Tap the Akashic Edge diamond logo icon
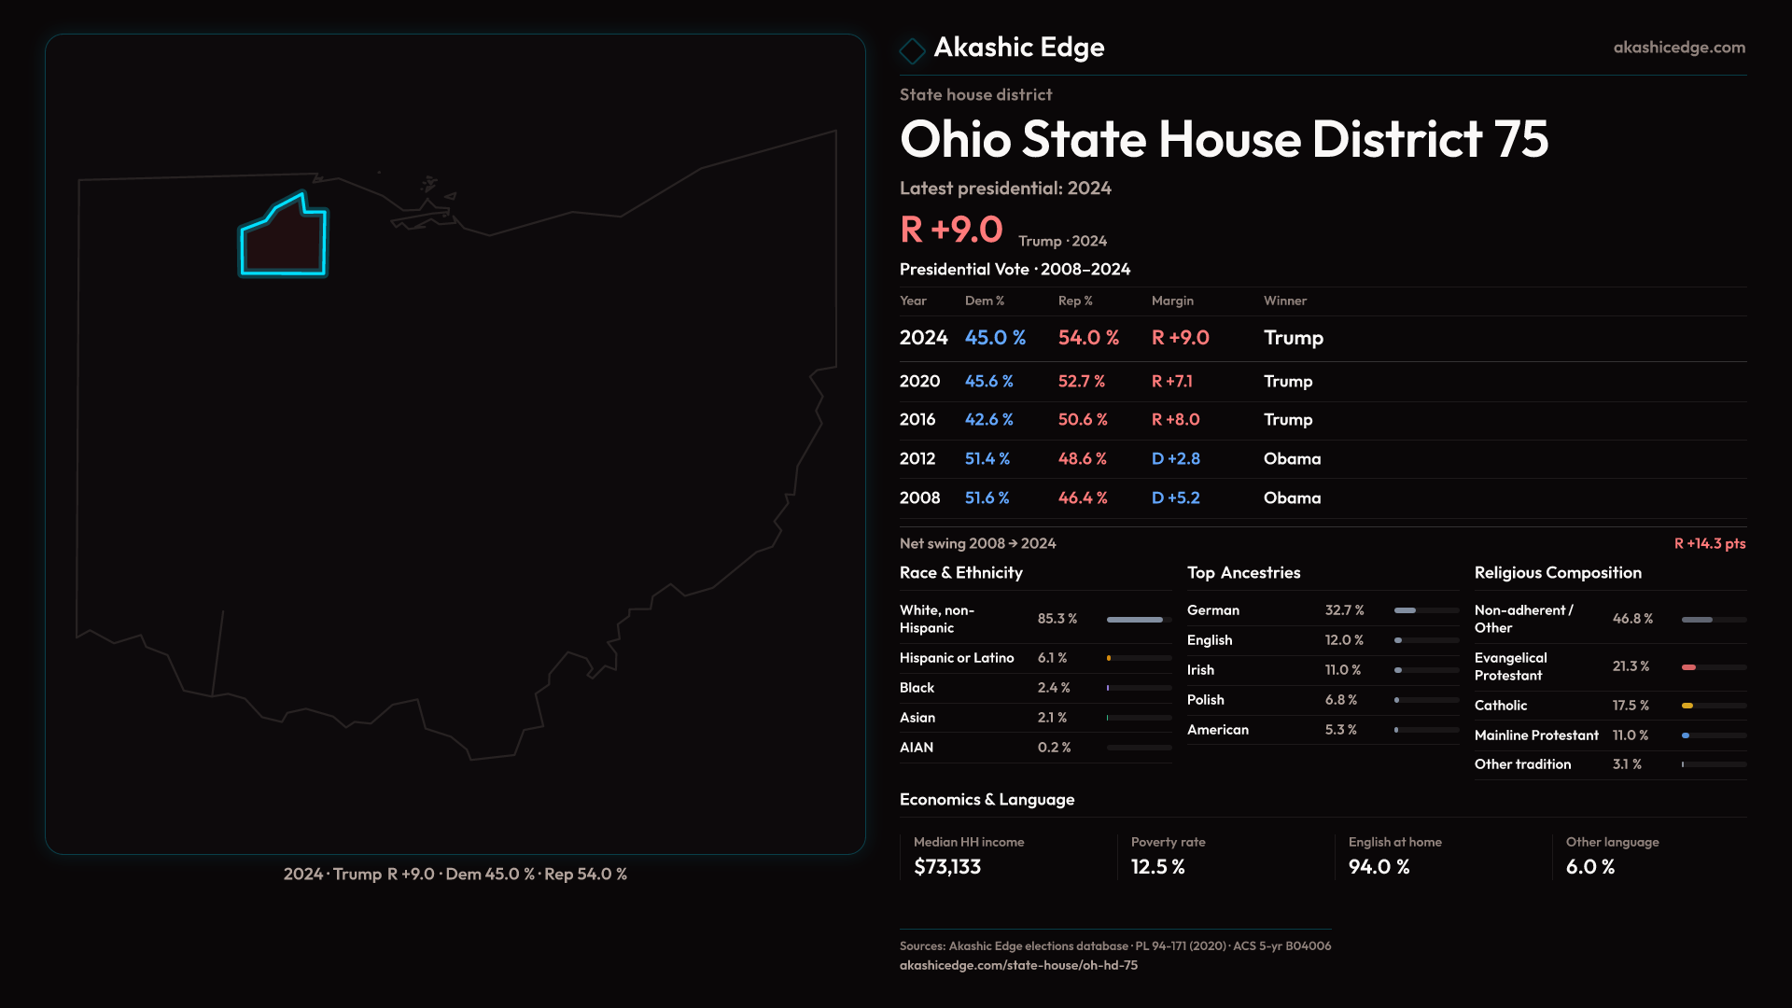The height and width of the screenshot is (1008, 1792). [x=912, y=49]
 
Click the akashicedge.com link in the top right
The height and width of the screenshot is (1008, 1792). [x=1678, y=48]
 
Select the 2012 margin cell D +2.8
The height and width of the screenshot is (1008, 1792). [x=1175, y=459]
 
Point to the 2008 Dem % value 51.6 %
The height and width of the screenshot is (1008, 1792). [x=987, y=498]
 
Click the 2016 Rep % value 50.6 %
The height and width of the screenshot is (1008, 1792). [x=1082, y=420]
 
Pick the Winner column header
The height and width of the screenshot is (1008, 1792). [x=1284, y=301]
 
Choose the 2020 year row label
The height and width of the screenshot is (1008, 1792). [x=919, y=382]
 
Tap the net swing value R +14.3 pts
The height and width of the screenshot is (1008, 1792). [x=1709, y=543]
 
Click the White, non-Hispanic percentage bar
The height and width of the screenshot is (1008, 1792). [x=1135, y=620]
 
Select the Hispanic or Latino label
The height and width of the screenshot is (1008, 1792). [x=956, y=658]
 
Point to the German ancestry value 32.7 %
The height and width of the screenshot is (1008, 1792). [x=1344, y=610]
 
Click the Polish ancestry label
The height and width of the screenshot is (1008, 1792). [x=1205, y=700]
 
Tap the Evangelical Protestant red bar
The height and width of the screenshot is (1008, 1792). [x=1688, y=667]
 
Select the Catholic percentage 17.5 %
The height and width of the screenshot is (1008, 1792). [x=1630, y=706]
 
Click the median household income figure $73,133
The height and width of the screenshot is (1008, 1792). [x=946, y=867]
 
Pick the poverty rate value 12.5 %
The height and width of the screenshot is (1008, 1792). [x=1157, y=867]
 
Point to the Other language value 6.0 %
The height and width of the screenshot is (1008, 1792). [x=1589, y=867]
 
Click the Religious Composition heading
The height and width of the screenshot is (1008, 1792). [x=1557, y=573]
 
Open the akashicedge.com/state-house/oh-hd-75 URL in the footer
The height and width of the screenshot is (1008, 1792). [x=1017, y=965]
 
